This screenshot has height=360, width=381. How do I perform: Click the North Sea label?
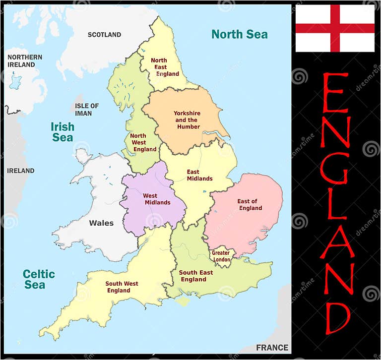[239, 34]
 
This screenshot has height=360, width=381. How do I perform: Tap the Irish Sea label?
[63, 132]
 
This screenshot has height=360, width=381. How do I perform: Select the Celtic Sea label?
[39, 279]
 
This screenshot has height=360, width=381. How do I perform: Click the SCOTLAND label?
[104, 35]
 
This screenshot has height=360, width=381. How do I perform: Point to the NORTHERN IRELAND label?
[25, 60]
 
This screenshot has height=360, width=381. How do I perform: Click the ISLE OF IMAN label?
[87, 109]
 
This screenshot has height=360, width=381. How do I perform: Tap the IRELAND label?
[21, 171]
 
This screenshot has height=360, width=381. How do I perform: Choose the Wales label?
[101, 223]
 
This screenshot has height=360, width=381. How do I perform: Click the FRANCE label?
[272, 348]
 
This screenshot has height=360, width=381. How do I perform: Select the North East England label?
[166, 67]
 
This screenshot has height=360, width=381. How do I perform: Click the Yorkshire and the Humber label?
[187, 120]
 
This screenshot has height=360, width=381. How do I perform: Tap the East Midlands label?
[199, 175]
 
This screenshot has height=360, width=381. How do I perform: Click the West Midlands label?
[157, 199]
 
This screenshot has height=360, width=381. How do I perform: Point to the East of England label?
[250, 204]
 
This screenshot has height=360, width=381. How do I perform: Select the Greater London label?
[221, 256]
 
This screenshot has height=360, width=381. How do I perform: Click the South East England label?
[195, 276]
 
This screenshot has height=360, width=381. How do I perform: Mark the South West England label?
[122, 287]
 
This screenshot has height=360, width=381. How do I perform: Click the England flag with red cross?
[335, 28]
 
